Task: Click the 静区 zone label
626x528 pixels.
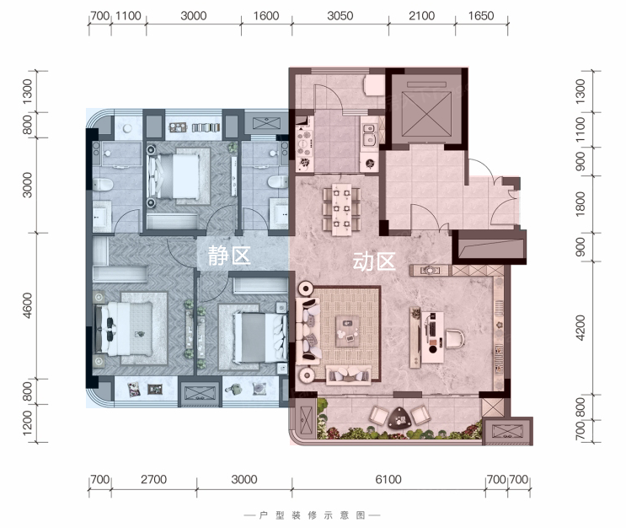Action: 229,256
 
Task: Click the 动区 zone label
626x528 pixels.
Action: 374,261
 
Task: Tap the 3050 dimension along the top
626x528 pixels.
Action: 340,16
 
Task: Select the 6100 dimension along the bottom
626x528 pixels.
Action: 388,479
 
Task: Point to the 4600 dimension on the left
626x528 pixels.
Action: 27,305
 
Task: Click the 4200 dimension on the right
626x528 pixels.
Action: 581,328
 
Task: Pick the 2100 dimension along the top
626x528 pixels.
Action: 421,16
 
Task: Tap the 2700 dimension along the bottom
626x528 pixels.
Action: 153,479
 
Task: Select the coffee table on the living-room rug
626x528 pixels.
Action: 348,331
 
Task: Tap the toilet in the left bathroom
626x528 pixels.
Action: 103,184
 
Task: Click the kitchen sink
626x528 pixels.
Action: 369,134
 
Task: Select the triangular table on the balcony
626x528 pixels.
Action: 399,418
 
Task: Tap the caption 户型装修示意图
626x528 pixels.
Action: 313,515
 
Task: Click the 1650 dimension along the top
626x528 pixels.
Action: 481,16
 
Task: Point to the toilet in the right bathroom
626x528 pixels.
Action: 277,182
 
